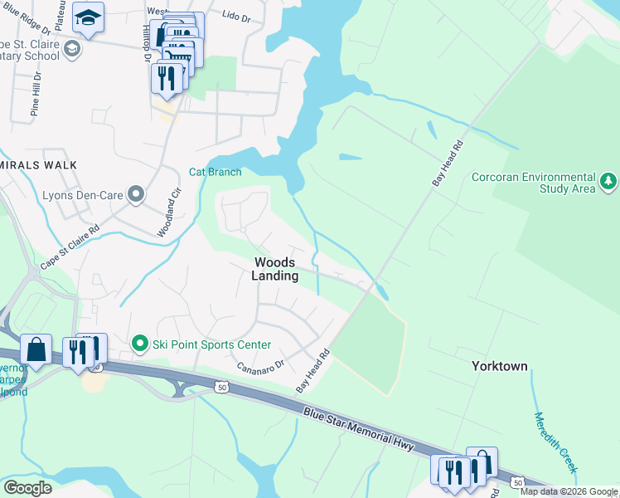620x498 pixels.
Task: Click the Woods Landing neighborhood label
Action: [x=276, y=269]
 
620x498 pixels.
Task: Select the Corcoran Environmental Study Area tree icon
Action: [x=608, y=180]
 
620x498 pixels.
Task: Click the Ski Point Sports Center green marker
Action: [x=140, y=343]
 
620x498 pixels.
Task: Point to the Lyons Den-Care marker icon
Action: [x=136, y=196]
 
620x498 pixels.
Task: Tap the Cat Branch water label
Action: [x=215, y=172]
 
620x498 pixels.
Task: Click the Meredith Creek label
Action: [x=555, y=443]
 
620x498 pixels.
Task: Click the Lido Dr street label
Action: [x=236, y=16]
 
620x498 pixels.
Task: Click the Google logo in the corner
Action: [x=27, y=488]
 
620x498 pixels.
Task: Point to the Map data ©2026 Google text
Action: [x=569, y=491]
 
